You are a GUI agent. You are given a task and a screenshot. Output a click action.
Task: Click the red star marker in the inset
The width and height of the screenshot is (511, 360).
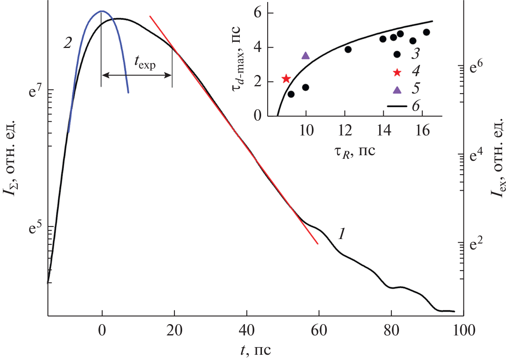tap(286, 79)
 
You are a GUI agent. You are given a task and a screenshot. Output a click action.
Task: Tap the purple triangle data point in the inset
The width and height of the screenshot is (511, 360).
tap(305, 56)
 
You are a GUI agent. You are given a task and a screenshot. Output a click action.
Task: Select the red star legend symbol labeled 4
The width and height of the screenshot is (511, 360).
tap(397, 73)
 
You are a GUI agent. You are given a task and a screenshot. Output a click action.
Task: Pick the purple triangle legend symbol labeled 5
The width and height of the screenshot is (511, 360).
tap(397, 90)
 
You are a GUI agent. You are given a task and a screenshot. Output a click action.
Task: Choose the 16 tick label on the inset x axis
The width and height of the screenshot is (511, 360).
tap(422, 132)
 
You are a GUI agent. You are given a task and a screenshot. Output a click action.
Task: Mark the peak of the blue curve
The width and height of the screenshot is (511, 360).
tap(102, 11)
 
